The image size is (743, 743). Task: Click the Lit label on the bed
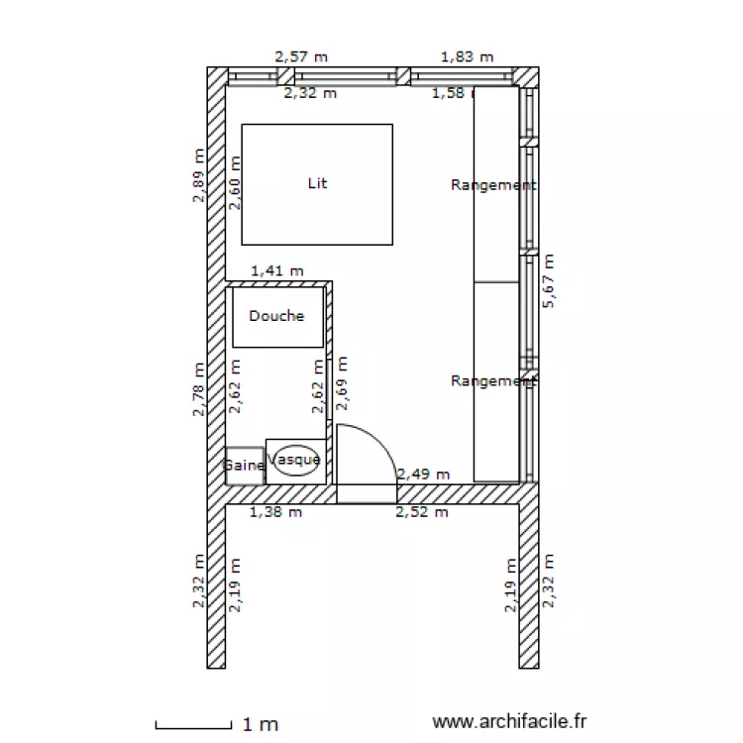coord(317,183)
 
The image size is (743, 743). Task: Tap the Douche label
coord(276,316)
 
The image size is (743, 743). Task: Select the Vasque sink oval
coord(295,461)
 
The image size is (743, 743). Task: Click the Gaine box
coord(244,465)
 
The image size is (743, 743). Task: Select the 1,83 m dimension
coord(467,56)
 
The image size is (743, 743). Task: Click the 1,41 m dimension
coord(277,269)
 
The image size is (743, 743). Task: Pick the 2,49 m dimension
coord(423,475)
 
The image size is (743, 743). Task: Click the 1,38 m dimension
coord(276,512)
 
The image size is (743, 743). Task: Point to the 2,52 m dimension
coord(422,512)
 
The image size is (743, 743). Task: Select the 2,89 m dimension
coord(199,175)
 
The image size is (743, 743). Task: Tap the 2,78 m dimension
coord(199,388)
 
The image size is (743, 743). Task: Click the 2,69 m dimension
coord(343,382)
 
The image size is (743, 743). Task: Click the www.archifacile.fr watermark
coord(510,724)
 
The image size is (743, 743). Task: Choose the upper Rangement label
coord(493,185)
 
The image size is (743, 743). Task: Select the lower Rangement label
coord(493,381)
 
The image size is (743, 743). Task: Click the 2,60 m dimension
coord(236,182)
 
